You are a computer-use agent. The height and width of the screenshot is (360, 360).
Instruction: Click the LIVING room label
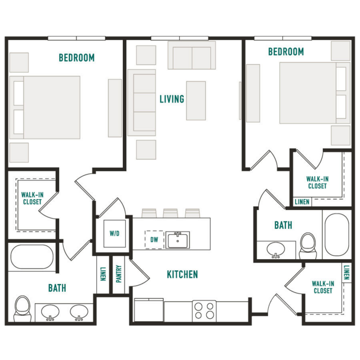172,99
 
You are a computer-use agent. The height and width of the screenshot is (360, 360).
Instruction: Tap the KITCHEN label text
183,274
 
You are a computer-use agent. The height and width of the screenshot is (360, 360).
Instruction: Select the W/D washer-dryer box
114,233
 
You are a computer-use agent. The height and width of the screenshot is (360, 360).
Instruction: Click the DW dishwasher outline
154,239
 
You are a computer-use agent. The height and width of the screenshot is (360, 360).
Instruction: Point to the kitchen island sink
177,240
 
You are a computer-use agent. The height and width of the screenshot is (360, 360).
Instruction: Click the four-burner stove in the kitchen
204,311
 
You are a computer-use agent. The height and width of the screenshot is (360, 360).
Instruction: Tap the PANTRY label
118,274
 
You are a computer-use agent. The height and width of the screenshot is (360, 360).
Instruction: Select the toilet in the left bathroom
23,309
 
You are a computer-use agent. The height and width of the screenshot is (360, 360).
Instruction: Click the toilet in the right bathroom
308,246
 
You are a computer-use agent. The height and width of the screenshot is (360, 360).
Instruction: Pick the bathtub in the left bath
32,257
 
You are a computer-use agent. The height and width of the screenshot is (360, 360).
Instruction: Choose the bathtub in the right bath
337,234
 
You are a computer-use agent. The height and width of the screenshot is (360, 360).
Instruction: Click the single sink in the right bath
275,250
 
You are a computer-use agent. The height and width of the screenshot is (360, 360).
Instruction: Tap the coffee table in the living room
196,100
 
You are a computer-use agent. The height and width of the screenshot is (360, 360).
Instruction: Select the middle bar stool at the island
170,213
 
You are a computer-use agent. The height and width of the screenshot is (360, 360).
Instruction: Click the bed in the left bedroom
45,108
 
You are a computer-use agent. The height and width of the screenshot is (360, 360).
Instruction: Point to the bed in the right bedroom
315,93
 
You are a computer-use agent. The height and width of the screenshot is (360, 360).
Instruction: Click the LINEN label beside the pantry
103,274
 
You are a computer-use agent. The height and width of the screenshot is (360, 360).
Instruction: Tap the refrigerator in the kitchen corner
149,310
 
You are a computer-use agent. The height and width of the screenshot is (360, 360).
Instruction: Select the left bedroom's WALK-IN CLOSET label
32,198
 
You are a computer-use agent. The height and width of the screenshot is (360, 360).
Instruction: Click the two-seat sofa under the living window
192,55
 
